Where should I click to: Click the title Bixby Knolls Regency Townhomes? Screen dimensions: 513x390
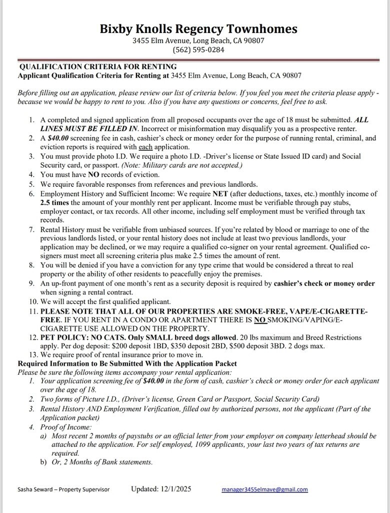point(198,29)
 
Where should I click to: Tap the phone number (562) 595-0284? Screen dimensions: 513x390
point(198,50)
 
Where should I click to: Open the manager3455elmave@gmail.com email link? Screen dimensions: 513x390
point(264,489)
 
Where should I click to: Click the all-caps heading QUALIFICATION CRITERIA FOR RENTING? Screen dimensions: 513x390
point(98,67)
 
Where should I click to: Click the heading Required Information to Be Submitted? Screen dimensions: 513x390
point(127,363)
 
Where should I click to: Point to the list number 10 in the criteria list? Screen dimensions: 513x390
point(32,302)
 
